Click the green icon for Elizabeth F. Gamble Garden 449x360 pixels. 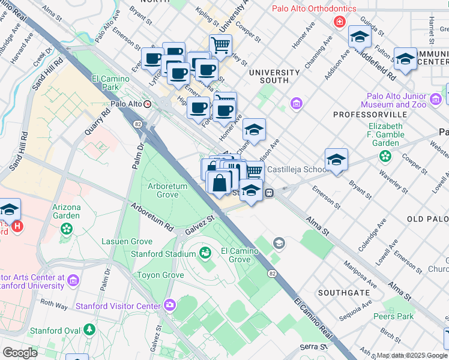(x=384, y=157)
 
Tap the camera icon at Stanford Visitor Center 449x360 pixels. (x=169, y=305)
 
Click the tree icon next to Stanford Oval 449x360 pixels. (x=89, y=329)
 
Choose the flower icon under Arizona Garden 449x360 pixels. (x=66, y=229)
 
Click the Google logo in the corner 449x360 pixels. (x=20, y=352)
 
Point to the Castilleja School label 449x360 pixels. (x=297, y=170)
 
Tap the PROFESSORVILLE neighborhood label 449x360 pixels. (x=365, y=114)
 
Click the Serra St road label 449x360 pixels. (x=312, y=347)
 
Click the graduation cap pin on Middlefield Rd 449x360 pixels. (x=359, y=37)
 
